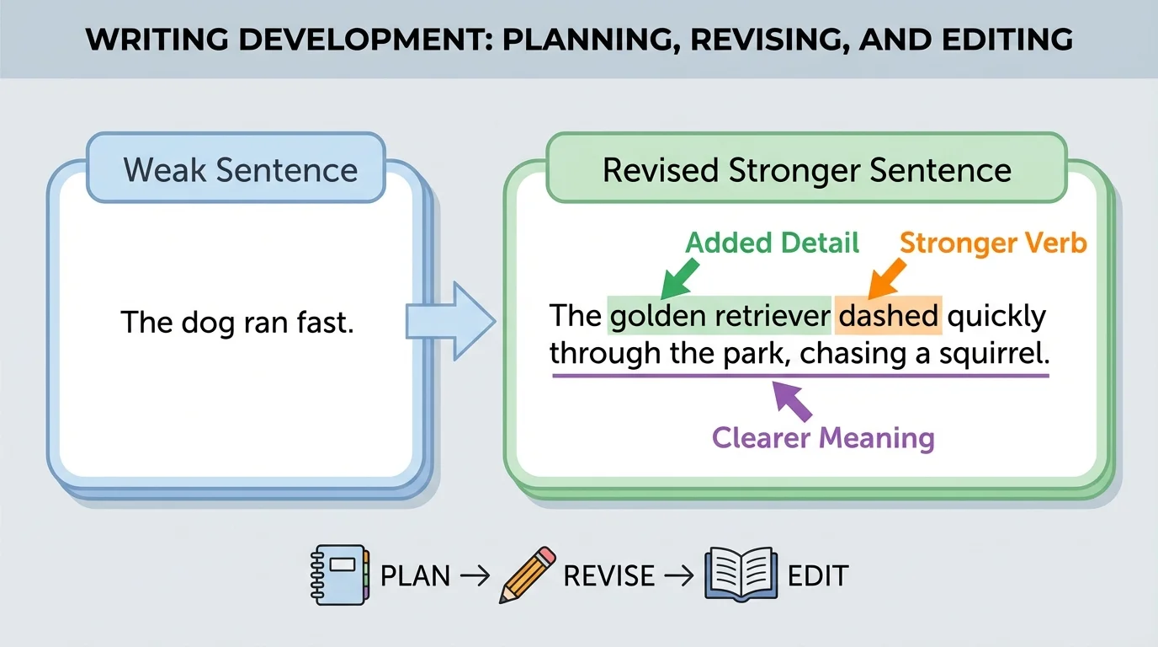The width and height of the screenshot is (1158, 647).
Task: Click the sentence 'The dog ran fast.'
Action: [236, 322]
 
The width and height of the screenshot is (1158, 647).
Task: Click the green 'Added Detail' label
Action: [772, 243]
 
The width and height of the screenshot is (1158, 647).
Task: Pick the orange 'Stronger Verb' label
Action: [993, 243]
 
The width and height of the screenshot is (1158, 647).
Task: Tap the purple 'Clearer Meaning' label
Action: [823, 438]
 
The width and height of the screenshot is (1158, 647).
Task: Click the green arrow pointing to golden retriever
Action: [677, 279]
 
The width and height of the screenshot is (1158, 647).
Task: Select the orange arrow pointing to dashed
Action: [885, 279]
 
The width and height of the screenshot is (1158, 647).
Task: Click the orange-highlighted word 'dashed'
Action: [888, 316]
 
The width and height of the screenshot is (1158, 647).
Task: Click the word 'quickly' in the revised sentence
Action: [996, 316]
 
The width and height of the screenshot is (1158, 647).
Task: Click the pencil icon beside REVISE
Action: [528, 575]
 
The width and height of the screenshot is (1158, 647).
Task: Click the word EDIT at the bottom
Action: [817, 576]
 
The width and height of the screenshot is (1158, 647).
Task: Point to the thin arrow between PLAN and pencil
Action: [474, 576]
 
